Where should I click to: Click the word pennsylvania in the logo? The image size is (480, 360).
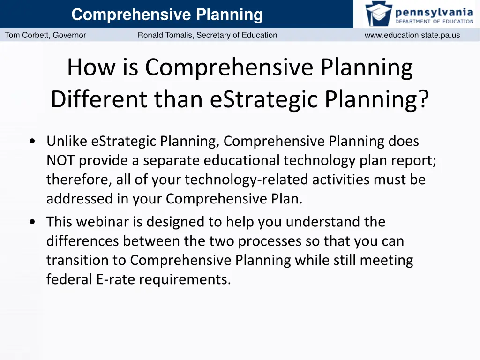pyautogui.click(x=434, y=11)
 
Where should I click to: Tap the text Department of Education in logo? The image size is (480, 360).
pyautogui.click(x=434, y=21)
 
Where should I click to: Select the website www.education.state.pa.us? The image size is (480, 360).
pyautogui.click(x=412, y=35)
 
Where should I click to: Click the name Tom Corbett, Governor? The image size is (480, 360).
pyautogui.click(x=45, y=35)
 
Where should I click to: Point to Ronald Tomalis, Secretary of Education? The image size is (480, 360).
pyautogui.click(x=207, y=35)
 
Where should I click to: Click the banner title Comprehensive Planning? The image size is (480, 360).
pyautogui.click(x=167, y=15)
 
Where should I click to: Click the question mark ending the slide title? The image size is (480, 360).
pyautogui.click(x=423, y=98)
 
